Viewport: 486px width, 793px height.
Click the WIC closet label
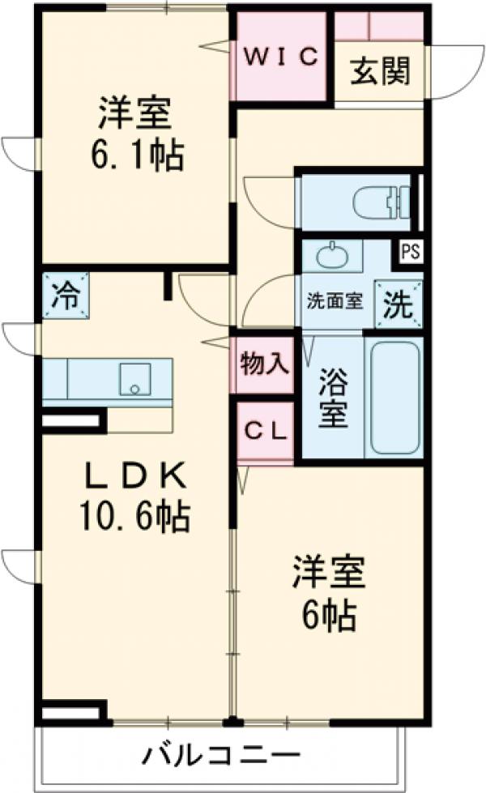[279, 58]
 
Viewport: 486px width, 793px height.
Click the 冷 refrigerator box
[66, 296]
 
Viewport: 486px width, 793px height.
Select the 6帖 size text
[329, 618]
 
